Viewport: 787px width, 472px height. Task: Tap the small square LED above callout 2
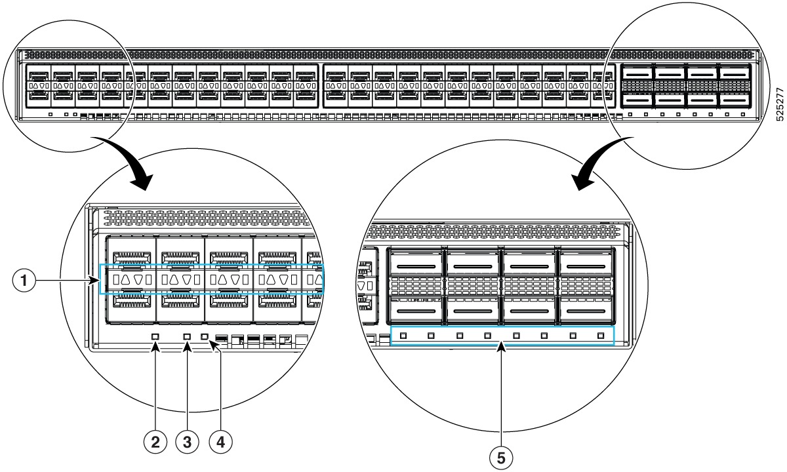point(155,337)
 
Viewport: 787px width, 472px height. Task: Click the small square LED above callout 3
point(187,337)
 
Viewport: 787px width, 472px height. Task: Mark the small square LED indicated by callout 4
point(205,337)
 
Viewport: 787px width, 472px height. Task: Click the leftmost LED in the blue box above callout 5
point(403,336)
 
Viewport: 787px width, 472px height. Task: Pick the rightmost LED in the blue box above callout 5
point(601,336)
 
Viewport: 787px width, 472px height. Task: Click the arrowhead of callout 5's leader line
point(502,347)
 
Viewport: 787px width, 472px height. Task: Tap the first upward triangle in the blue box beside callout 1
point(127,280)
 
